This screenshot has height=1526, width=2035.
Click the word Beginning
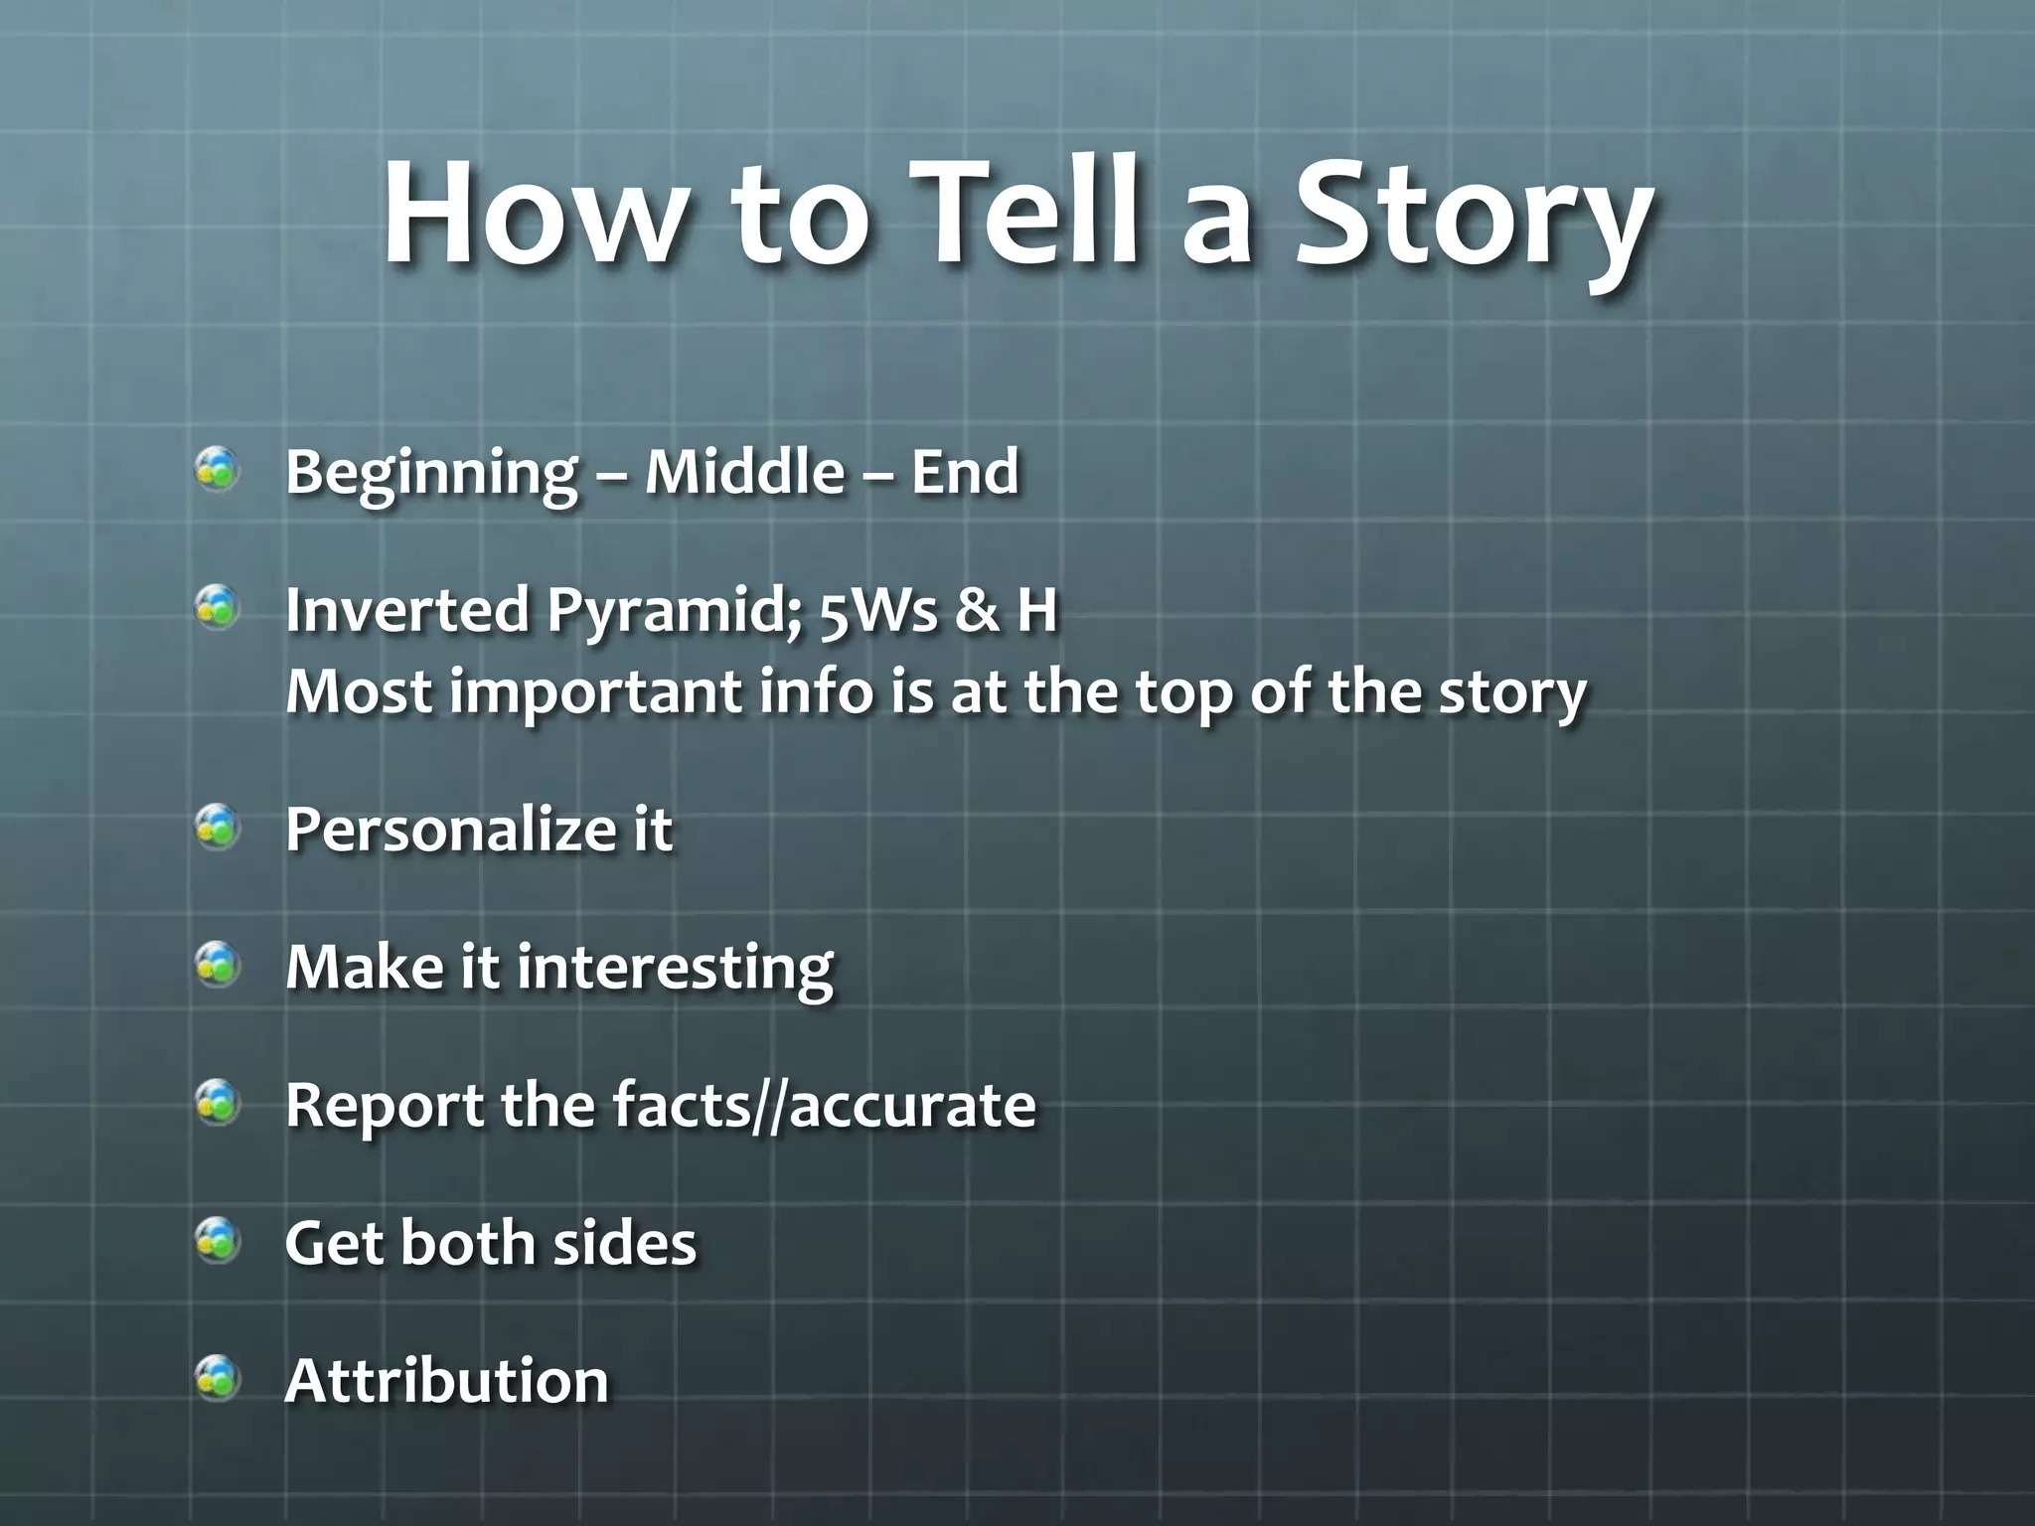pos(430,473)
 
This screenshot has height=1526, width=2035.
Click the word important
pos(596,692)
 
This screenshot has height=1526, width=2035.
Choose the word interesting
pos(675,968)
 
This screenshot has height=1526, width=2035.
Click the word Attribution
pos(446,1380)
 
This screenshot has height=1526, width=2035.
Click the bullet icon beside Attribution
pos(218,1378)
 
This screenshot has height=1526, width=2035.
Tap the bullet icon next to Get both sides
pos(218,1240)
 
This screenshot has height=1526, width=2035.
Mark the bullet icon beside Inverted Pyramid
pos(218,606)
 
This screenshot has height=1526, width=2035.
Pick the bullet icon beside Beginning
pos(218,469)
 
